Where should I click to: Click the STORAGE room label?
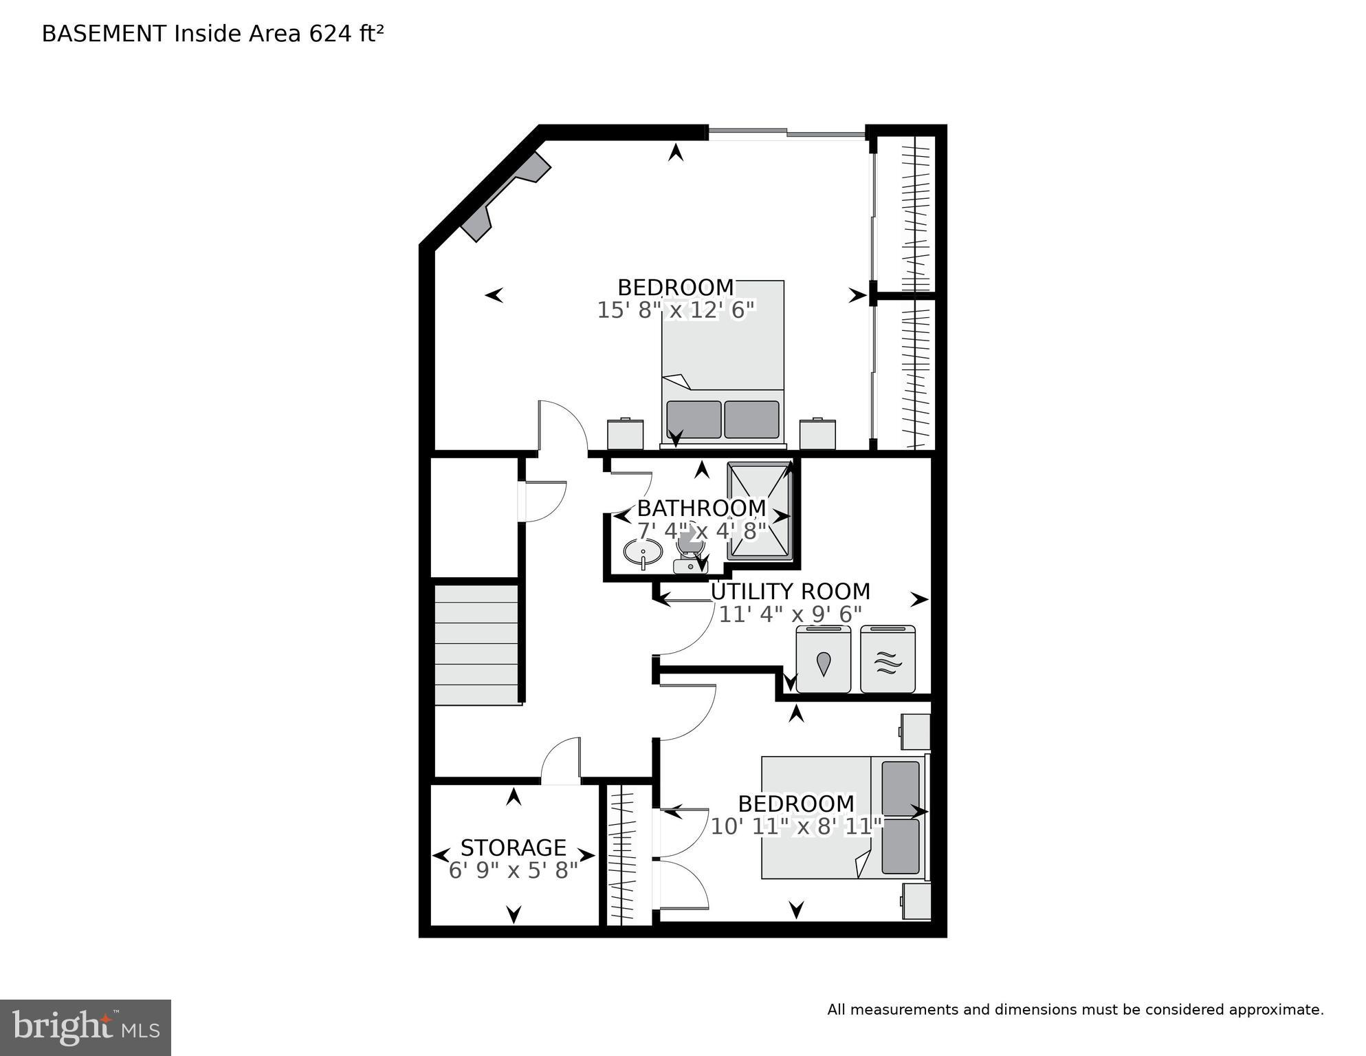tap(513, 847)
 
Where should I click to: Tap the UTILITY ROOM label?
tap(790, 592)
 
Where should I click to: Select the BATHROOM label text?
tap(701, 508)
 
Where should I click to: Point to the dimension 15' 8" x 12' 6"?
tap(676, 310)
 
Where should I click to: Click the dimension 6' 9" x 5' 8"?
tap(513, 870)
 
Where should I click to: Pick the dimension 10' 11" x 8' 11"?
tap(795, 826)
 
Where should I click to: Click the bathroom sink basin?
tap(643, 552)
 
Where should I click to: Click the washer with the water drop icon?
tap(823, 660)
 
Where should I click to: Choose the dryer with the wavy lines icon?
tap(888, 660)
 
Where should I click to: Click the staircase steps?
tap(476, 645)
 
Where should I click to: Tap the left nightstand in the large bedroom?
tap(625, 434)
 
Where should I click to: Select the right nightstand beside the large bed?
tap(817, 434)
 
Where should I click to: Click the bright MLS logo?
tap(85, 1028)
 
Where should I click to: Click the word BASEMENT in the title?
tap(104, 34)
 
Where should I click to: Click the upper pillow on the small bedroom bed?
tap(900, 788)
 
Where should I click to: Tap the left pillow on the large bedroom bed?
tap(693, 420)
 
